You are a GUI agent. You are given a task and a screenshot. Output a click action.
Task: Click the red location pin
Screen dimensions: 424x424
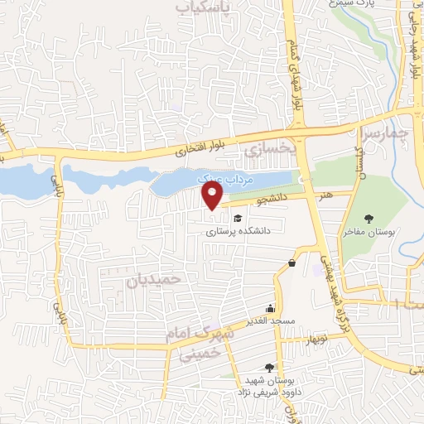coord(213,195)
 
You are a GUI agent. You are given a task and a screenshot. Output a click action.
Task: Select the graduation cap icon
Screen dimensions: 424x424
coord(238,218)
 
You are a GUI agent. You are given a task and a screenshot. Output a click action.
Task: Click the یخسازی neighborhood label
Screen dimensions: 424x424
coord(270,149)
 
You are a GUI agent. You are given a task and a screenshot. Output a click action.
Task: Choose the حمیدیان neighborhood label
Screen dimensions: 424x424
coord(153,280)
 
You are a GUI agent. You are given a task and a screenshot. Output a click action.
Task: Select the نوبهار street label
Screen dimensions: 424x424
coord(316,340)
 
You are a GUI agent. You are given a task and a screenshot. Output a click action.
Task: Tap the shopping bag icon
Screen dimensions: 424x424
coord(291,264)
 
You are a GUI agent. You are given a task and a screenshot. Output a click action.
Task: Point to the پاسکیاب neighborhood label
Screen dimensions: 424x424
coord(203,7)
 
